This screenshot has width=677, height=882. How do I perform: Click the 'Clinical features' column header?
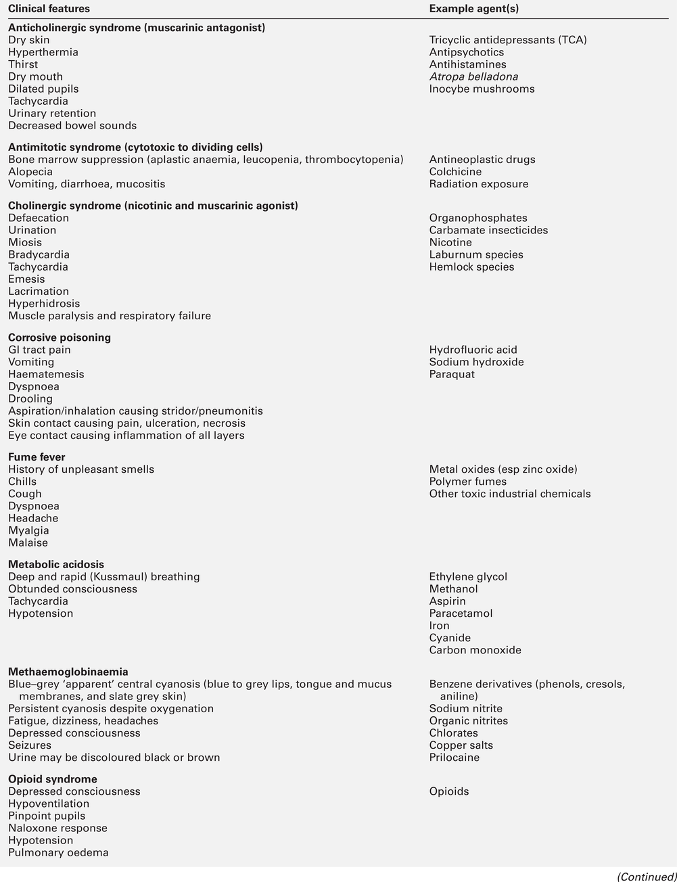pyautogui.click(x=49, y=9)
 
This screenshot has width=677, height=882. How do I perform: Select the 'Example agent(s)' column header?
pyautogui.click(x=474, y=9)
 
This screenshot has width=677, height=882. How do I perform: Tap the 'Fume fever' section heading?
pyautogui.click(x=37, y=457)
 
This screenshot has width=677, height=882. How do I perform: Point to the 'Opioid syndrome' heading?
pyautogui.click(x=53, y=779)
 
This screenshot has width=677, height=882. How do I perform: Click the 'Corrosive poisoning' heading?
pyautogui.click(x=60, y=338)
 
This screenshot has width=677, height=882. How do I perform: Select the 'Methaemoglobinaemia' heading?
pyautogui.click(x=68, y=672)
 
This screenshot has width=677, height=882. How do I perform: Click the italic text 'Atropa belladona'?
pyautogui.click(x=473, y=76)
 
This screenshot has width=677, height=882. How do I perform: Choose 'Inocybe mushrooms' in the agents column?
pyautogui.click(x=482, y=89)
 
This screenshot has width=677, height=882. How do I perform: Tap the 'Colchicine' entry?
pyautogui.click(x=455, y=172)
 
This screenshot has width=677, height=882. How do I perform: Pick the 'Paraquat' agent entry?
pyautogui.click(x=452, y=374)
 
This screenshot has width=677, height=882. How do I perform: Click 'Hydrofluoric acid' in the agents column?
pyautogui.click(x=473, y=350)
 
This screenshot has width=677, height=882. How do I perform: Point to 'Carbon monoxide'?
pyautogui.click(x=475, y=650)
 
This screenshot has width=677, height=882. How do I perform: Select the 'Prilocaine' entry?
pyautogui.click(x=454, y=758)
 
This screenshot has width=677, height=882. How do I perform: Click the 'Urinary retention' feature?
pyautogui.click(x=52, y=113)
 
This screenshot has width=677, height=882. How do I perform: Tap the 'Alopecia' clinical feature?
pyautogui.click(x=30, y=172)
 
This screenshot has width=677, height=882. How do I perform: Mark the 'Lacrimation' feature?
pyautogui.click(x=39, y=292)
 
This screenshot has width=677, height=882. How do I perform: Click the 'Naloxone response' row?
pyautogui.click(x=57, y=828)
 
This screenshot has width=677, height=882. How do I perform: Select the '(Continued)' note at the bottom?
pyautogui.click(x=646, y=877)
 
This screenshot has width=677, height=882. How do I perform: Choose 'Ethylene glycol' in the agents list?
pyautogui.click(x=468, y=577)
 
